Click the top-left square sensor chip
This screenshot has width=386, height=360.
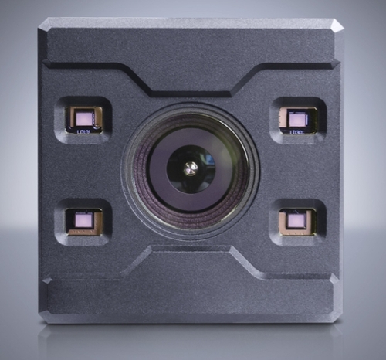pyautogui.click(x=83, y=118)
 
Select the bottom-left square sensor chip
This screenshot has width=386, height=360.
pyautogui.click(x=84, y=220)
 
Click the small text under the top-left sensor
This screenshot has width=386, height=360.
pyautogui.click(x=84, y=132)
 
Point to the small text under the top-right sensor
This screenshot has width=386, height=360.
pyautogui.click(x=296, y=132)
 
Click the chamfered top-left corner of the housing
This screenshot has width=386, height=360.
pyautogui.click(x=45, y=24)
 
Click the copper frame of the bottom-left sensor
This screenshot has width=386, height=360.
pyautogui.click(x=71, y=221)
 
